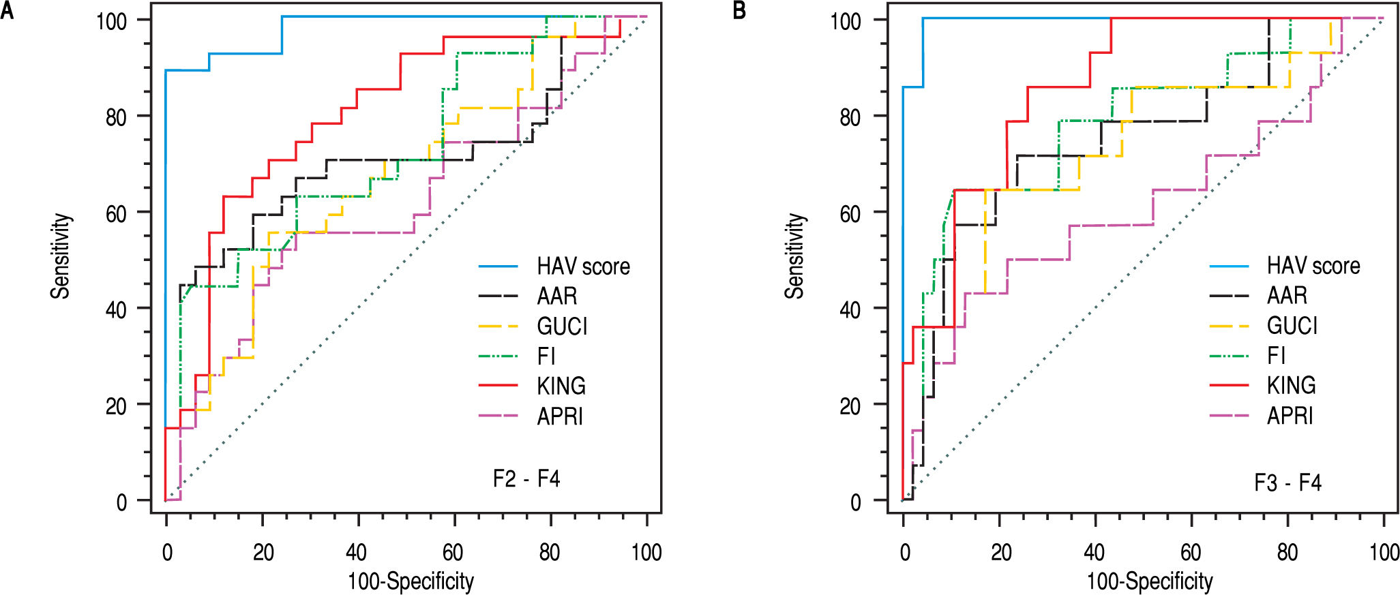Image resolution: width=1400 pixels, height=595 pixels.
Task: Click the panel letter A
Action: click(8, 11)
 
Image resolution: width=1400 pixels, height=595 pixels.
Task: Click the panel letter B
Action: click(740, 11)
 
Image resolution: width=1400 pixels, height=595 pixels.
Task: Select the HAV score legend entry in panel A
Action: click(583, 266)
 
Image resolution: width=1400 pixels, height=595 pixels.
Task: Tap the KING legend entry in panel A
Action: click(561, 386)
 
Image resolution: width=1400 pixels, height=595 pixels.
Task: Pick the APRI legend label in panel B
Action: click(1290, 416)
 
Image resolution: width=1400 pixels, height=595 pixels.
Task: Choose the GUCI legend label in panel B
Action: click(1292, 326)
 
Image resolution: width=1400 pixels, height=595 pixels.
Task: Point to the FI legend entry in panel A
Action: click(546, 356)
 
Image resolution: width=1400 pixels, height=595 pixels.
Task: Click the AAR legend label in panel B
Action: click(1287, 296)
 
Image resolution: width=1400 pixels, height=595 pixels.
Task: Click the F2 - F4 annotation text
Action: click(526, 479)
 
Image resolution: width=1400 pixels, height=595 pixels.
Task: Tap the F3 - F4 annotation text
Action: click(1287, 483)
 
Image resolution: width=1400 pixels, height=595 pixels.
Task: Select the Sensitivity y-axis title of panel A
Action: click(61, 256)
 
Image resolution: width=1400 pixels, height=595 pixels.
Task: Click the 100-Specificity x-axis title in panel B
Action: click(1150, 581)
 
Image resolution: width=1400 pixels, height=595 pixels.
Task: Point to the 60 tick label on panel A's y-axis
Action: click(117, 214)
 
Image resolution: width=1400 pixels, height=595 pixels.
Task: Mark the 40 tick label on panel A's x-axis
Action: click(356, 552)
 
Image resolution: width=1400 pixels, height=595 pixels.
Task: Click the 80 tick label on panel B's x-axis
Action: click(1287, 552)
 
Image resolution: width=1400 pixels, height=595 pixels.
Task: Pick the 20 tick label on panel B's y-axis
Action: click(850, 406)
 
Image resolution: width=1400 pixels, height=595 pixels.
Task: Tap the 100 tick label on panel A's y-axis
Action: click(112, 21)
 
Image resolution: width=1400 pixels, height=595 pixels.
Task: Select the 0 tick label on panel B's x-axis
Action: click(904, 552)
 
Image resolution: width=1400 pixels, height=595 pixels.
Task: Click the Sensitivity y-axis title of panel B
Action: click(794, 256)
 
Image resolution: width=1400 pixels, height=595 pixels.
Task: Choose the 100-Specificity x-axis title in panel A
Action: click(411, 581)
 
